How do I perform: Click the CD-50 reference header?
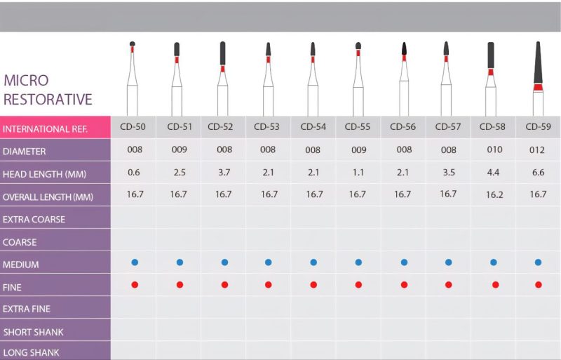point(133,127)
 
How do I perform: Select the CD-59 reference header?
point(538,127)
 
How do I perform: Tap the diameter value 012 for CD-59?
point(537,149)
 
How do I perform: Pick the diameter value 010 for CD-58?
point(494,149)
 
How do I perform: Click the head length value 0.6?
point(134,173)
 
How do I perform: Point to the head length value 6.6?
point(538,173)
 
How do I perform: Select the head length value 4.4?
point(493,173)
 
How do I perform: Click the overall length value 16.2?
point(494,195)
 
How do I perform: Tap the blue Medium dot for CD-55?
point(358,262)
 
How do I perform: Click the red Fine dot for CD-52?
point(224,285)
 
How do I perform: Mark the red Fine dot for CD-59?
point(538,285)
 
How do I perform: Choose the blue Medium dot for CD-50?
point(135,262)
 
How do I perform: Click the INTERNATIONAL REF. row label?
point(45,129)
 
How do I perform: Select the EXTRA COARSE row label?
point(34,219)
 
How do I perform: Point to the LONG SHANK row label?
point(31,353)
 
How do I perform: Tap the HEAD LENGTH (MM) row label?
point(44,175)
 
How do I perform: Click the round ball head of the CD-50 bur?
point(133,44)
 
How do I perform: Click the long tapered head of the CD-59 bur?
point(538,62)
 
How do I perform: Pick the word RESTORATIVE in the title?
point(48,99)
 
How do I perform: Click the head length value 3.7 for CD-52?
point(224,173)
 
